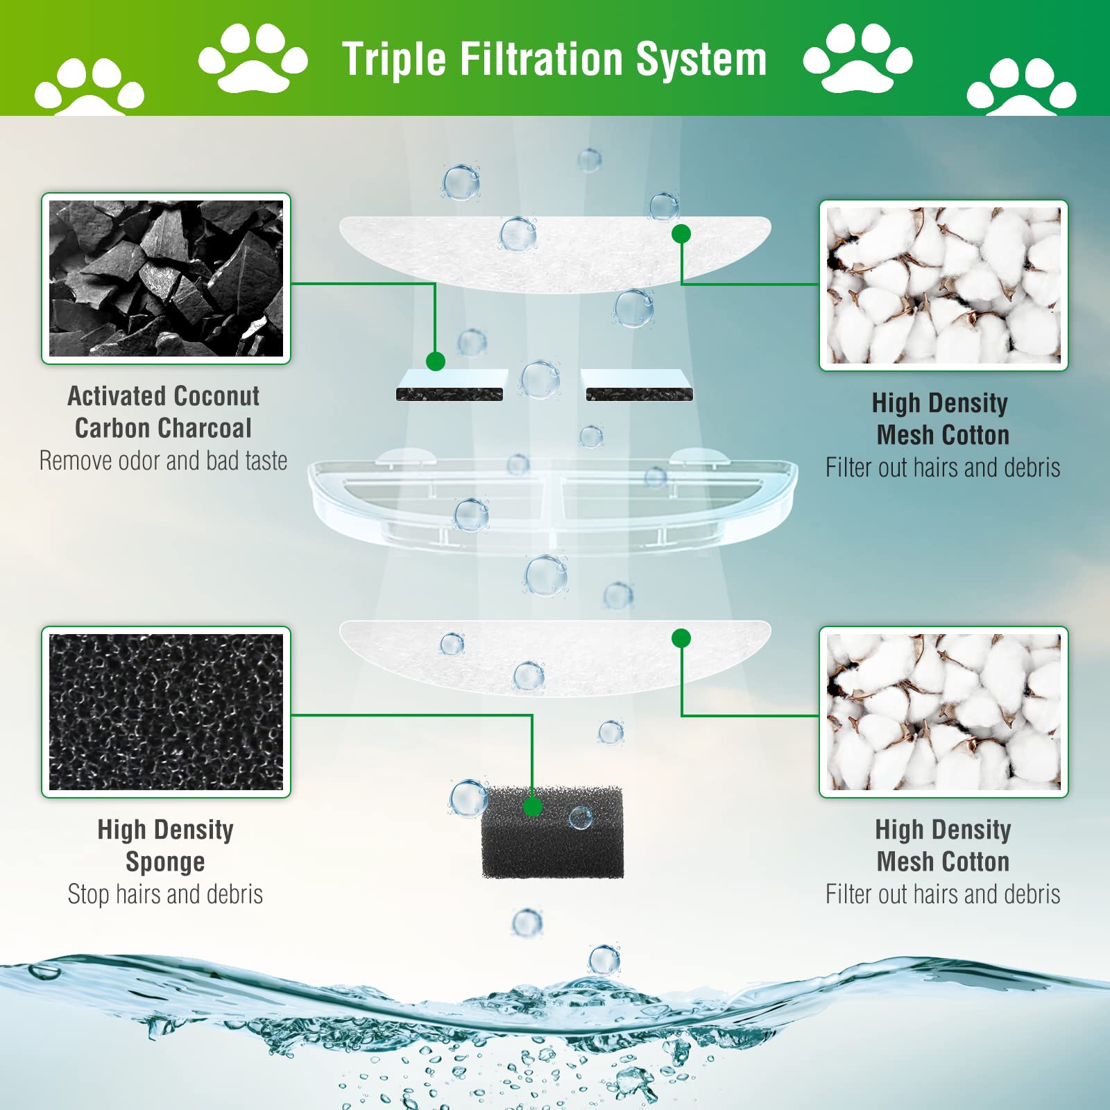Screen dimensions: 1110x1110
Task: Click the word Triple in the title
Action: pos(394,60)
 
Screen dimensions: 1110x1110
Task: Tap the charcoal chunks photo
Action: pos(166,278)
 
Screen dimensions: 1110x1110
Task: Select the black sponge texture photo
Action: pos(166,712)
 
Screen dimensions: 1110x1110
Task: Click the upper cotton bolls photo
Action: pos(943,285)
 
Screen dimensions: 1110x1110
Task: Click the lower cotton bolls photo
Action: pos(943,712)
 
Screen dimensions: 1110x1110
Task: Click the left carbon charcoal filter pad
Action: pos(450,386)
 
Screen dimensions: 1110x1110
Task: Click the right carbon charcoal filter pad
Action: pos(639,386)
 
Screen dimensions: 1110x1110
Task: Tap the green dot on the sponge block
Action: pos(532,807)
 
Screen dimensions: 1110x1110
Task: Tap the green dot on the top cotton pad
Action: pos(681,234)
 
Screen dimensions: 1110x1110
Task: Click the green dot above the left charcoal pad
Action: pos(435,361)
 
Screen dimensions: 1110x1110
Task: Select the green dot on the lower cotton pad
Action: pos(681,638)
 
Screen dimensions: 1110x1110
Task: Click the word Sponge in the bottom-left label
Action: pos(165,862)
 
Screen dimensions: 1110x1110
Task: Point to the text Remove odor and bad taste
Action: pos(163,461)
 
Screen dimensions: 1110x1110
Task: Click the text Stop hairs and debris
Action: pos(165,894)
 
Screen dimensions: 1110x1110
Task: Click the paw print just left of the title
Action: pos(253,58)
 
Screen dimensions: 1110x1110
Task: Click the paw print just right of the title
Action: pos(857,58)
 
